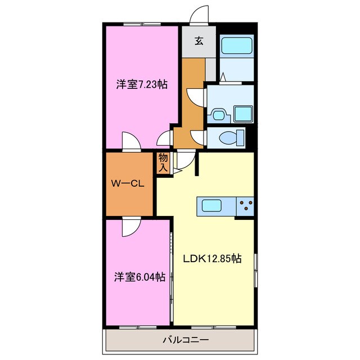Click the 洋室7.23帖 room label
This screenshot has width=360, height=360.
click(142, 85)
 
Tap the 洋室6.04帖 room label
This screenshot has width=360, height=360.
click(140, 277)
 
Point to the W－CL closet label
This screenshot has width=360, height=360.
click(128, 184)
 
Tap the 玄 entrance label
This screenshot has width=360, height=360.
click(199, 40)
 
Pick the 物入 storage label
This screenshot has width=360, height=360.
click(163, 163)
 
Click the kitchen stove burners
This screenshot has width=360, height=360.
click(246, 206)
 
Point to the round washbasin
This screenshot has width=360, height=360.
click(218, 115)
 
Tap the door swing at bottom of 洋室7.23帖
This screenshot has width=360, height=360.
click(130, 142)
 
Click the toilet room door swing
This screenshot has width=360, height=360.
click(197, 137)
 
